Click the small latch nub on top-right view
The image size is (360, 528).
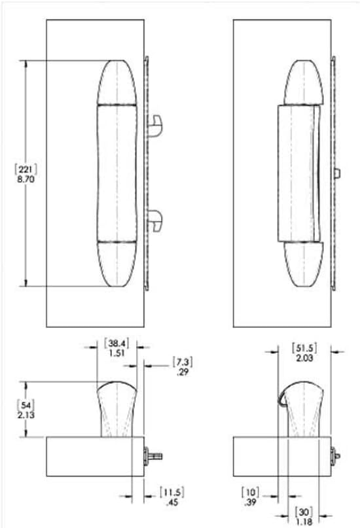pos(336,173)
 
